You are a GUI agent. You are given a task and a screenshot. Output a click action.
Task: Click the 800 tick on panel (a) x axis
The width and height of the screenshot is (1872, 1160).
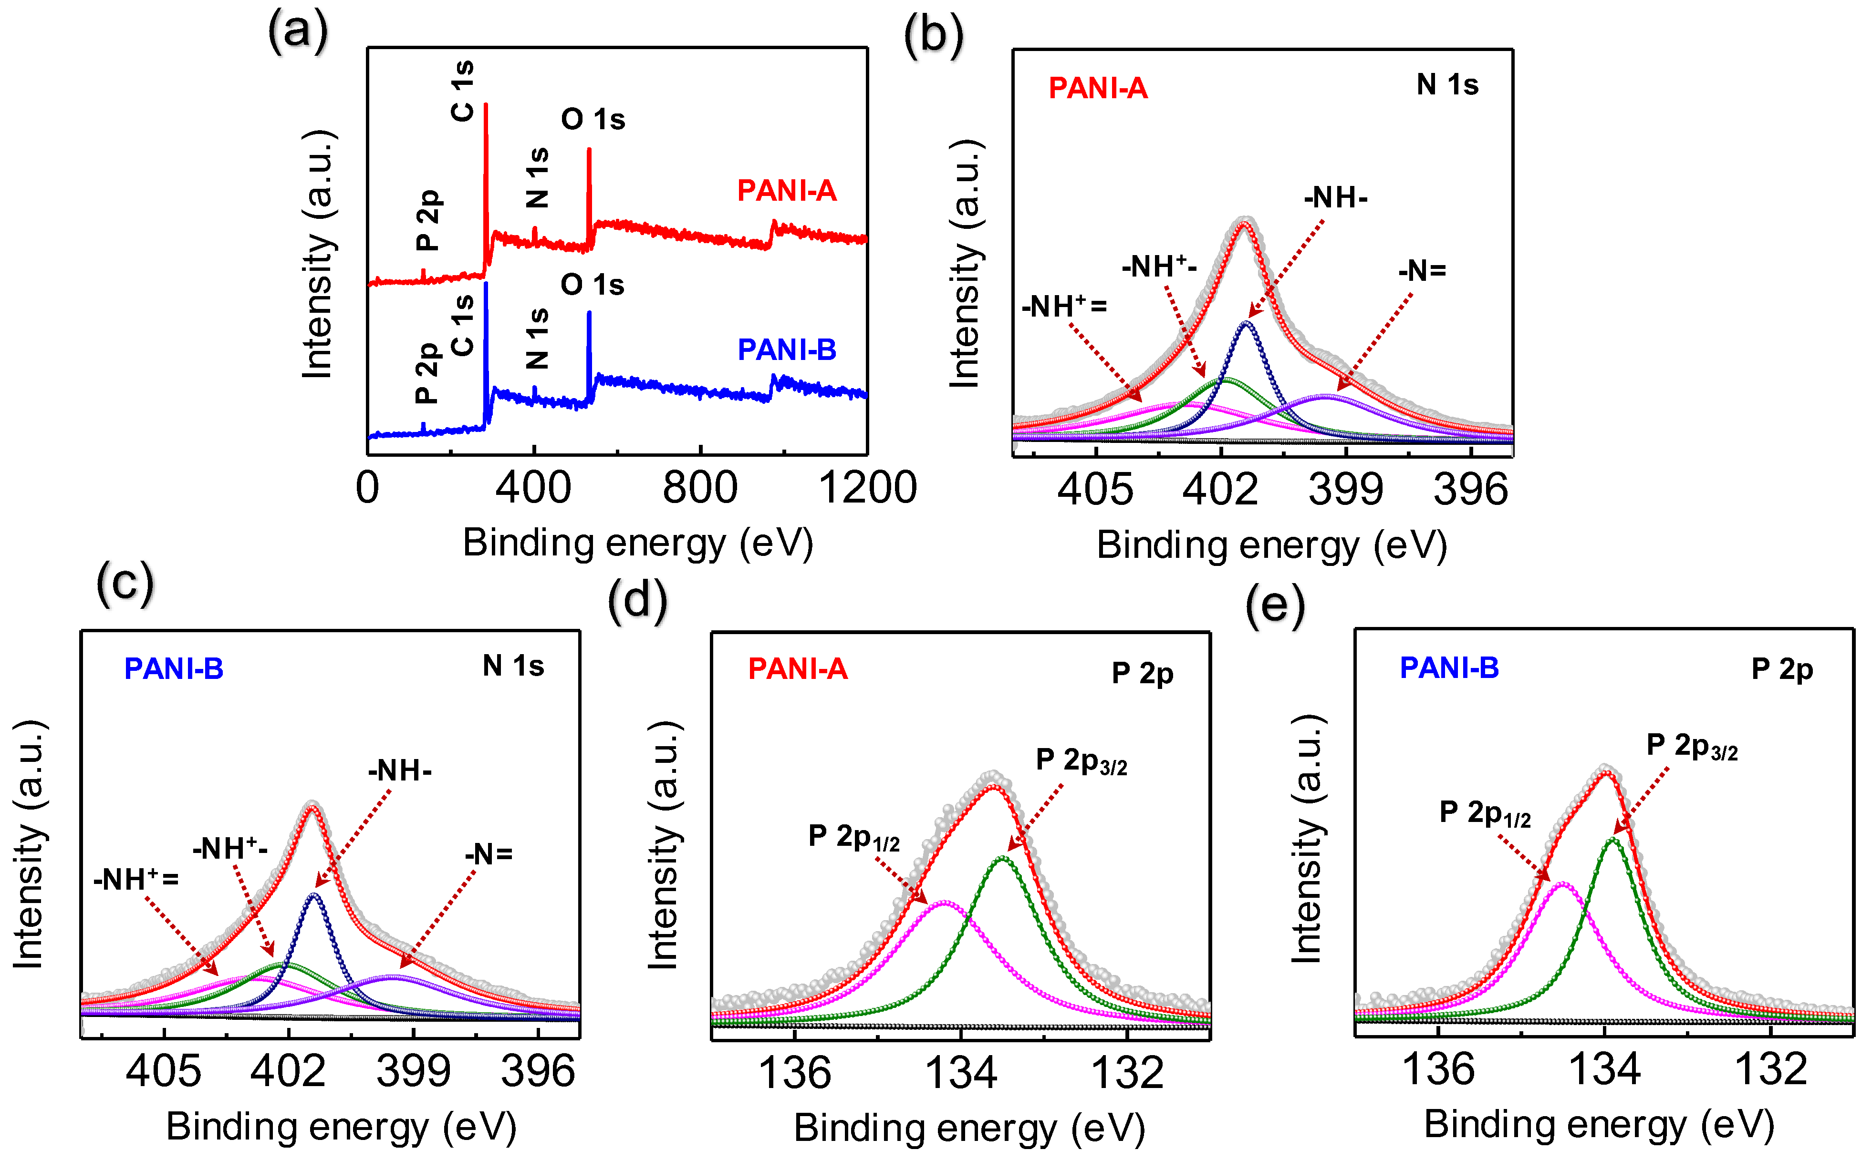click(x=699, y=488)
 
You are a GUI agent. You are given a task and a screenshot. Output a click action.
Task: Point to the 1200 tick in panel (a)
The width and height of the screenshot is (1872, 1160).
click(x=867, y=488)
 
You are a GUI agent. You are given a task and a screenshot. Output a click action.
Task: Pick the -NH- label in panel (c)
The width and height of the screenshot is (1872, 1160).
click(x=400, y=771)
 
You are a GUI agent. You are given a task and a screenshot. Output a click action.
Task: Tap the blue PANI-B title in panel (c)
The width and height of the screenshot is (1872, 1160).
click(x=174, y=669)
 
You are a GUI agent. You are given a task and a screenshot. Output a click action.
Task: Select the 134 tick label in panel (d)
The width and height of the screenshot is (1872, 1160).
click(x=960, y=1073)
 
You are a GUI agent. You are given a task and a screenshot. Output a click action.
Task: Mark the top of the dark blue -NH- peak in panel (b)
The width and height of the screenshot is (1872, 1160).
click(x=1247, y=323)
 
